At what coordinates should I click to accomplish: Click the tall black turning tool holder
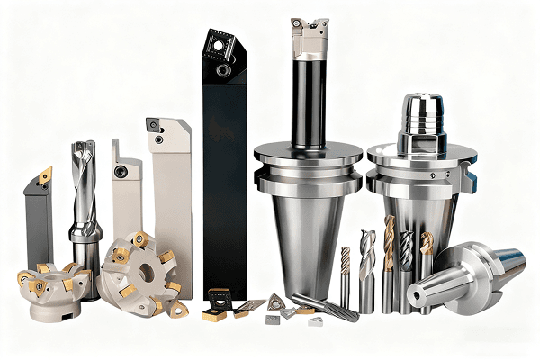pyautogui.click(x=224, y=180)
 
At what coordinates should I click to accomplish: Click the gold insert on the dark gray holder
pyautogui.click(x=45, y=175)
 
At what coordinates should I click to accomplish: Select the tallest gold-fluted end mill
pyautogui.click(x=389, y=261)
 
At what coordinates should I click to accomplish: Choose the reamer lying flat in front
pyautogui.click(x=325, y=307)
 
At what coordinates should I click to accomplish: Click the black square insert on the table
pyautogui.click(x=219, y=297)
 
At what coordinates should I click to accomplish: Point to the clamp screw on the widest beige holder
pyautogui.click(x=159, y=139)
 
